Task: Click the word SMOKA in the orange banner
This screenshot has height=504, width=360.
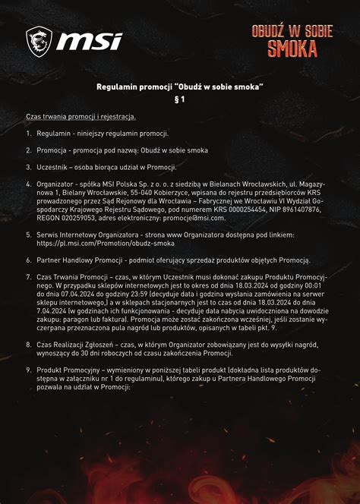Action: click(292, 49)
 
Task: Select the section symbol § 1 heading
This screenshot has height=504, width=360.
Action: click(180, 99)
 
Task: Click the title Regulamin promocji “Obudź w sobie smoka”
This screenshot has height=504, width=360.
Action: click(180, 87)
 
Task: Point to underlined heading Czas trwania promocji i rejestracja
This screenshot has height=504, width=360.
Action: click(81, 116)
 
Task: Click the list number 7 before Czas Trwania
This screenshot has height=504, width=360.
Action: click(28, 276)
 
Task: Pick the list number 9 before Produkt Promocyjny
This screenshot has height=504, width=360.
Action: click(28, 368)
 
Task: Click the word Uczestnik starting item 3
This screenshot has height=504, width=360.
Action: click(53, 167)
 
